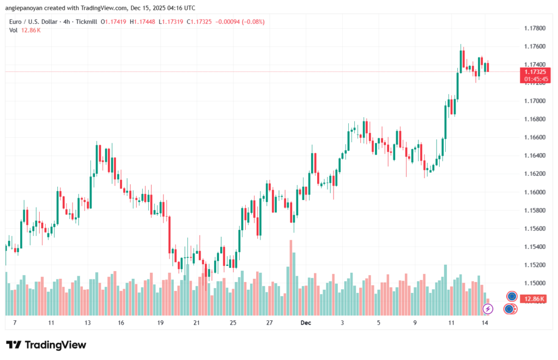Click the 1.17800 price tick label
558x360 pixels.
pos(535,28)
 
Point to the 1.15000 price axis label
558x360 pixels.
pos(535,283)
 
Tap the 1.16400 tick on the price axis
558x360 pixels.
pos(535,156)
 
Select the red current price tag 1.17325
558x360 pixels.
pos(535,71)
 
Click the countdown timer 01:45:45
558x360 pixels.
pos(535,79)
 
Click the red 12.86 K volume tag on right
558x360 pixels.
pos(535,299)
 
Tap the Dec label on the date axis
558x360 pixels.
pos(306,322)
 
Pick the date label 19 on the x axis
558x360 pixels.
pos(160,322)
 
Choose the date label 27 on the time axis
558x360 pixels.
pos(269,322)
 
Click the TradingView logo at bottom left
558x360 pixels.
pos(46,345)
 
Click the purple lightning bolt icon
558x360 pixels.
pos(488,309)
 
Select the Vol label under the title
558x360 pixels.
pos(13,30)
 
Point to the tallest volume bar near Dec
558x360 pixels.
pos(291,278)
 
